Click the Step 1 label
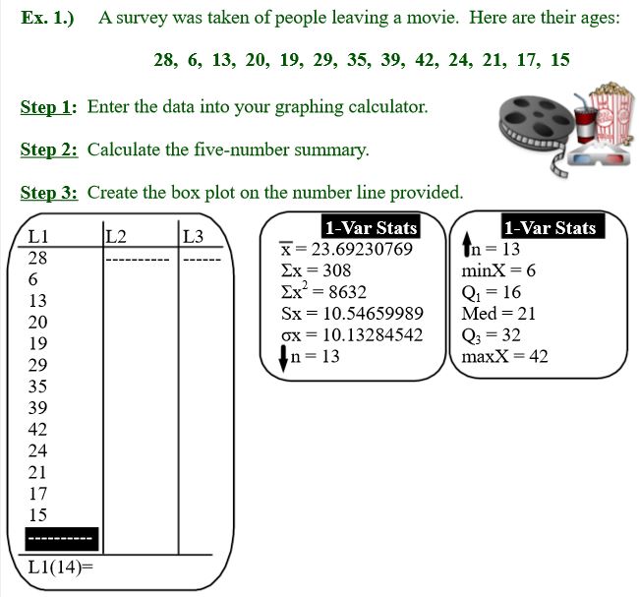[48, 107]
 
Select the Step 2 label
[49, 149]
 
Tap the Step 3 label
[49, 193]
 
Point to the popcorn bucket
[612, 113]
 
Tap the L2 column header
[116, 236]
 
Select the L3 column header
[193, 236]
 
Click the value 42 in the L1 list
[37, 430]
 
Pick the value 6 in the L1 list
[33, 279]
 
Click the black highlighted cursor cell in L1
[62, 539]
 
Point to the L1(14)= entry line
[60, 567]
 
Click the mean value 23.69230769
[362, 249]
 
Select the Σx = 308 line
[316, 270]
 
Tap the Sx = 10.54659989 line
[352, 313]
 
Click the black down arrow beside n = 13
[283, 358]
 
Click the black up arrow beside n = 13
[467, 244]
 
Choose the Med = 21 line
[498, 314]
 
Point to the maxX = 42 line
[504, 356]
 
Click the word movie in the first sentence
[433, 18]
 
